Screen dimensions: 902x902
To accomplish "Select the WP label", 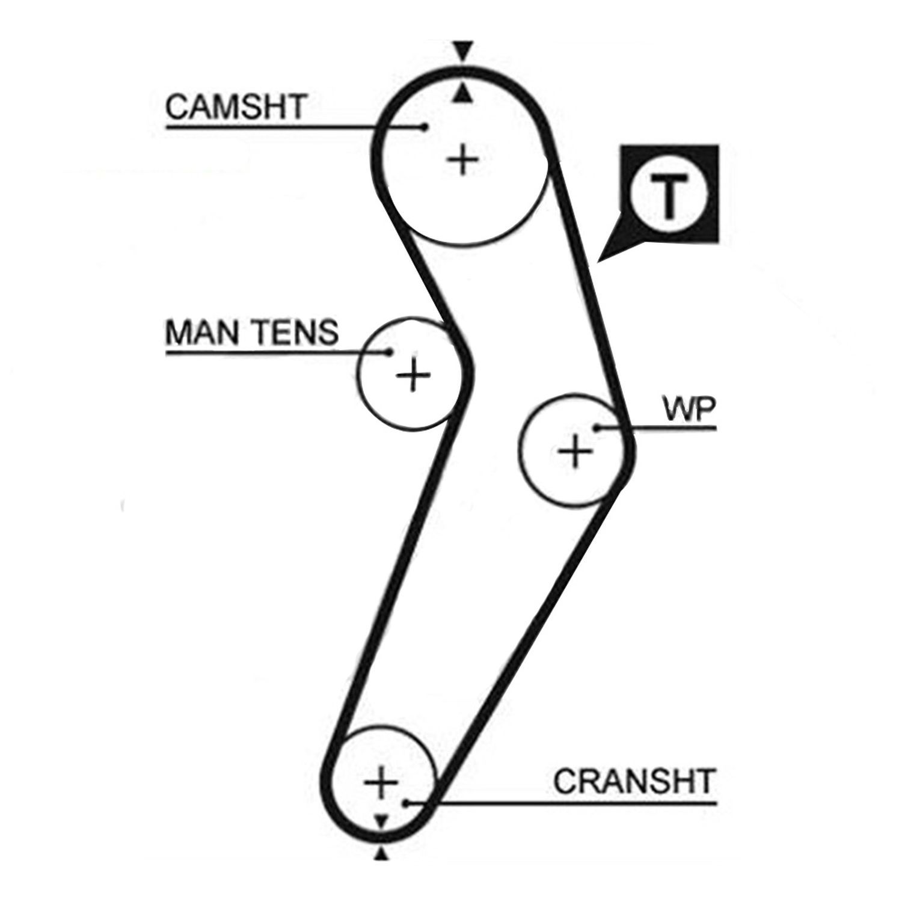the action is pyautogui.click(x=689, y=411).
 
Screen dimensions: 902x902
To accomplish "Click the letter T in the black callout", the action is pyautogui.click(x=669, y=196).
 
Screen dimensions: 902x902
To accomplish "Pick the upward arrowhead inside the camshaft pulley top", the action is pyautogui.click(x=461, y=93).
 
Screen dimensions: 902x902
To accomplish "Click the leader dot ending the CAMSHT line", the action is pyautogui.click(x=425, y=127).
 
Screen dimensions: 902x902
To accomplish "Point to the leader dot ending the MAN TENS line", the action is pyautogui.click(x=389, y=352).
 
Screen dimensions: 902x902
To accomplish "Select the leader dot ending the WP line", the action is pyautogui.click(x=597, y=428).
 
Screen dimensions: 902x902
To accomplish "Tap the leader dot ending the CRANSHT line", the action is pyautogui.click(x=405, y=802).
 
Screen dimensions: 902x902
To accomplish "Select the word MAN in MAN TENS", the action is pyautogui.click(x=201, y=332).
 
